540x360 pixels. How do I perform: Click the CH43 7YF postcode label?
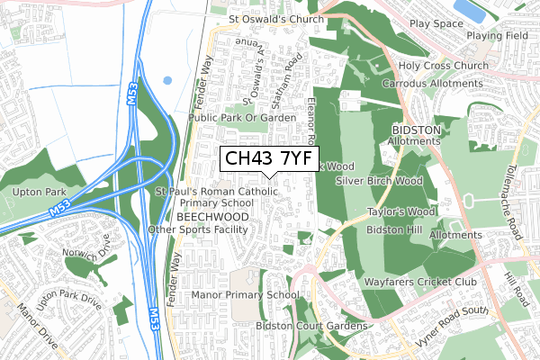[269, 159]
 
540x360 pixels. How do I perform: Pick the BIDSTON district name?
[416, 130]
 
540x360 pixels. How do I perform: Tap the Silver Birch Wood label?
[378, 180]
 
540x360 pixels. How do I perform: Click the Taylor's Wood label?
[400, 212]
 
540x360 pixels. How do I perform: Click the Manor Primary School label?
[245, 294]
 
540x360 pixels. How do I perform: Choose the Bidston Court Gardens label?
[311, 325]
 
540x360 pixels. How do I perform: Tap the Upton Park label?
[34, 193]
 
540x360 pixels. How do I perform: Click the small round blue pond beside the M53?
[167, 80]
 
